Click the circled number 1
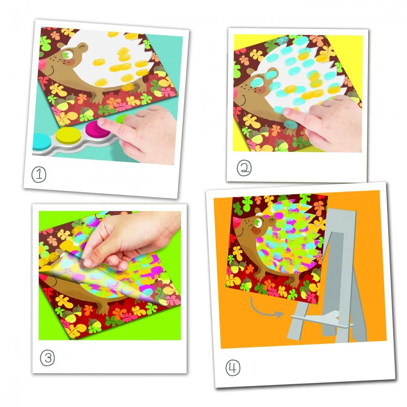tap(39, 174)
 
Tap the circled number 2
tap(244, 168)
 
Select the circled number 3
tap(48, 358)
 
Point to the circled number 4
tap(233, 368)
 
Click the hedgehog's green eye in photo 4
tap(258, 223)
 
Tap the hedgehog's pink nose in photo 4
tap(236, 221)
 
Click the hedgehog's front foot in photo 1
tap(98, 97)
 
